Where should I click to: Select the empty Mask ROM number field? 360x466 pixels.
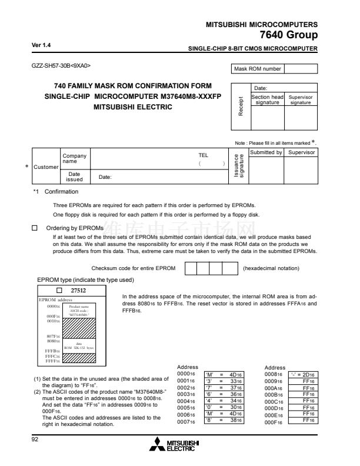click(301, 69)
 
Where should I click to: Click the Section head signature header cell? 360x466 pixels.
click(268, 99)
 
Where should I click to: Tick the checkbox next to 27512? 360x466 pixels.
click(59, 290)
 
